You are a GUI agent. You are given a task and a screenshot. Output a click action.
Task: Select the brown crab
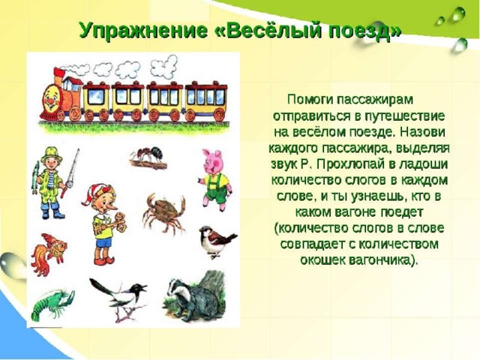point(163,212)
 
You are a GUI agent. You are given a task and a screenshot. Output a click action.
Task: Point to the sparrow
point(216,241)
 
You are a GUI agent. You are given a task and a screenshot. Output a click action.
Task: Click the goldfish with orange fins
point(48,253)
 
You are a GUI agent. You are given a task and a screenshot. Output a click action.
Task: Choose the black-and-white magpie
point(121,295)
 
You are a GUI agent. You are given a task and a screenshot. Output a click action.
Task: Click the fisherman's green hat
point(52,154)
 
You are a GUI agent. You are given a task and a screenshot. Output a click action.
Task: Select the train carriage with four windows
point(206,100)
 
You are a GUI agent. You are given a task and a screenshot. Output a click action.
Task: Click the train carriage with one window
point(96,100)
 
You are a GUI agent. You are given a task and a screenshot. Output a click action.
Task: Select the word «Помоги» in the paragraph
point(308,100)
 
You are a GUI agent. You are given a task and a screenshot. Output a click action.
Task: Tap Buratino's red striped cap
point(97,192)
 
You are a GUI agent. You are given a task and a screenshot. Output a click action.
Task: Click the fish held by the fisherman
point(36,178)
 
